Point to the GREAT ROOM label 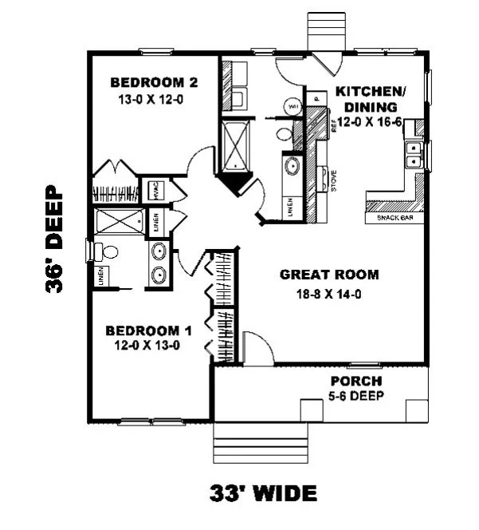coord(328,275)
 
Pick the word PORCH coord(356,381)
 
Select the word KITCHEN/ coord(371,91)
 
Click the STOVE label coord(332,180)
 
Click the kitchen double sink coord(414,155)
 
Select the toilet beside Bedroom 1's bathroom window coord(105,252)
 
